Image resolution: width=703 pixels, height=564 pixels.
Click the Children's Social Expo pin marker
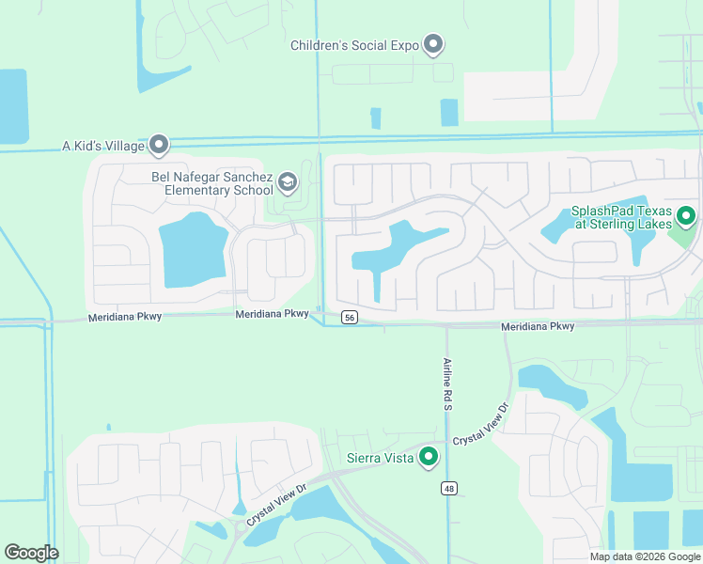pyautogui.click(x=433, y=44)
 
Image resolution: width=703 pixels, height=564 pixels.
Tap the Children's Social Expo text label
pyautogui.click(x=354, y=45)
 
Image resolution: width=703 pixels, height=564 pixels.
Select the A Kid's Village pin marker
pyautogui.click(x=159, y=145)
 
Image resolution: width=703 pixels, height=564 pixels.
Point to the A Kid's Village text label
pyautogui.click(x=103, y=146)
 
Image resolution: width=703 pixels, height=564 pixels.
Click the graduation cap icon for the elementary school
pyautogui.click(x=288, y=181)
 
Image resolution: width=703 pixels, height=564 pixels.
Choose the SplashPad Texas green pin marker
pyautogui.click(x=686, y=217)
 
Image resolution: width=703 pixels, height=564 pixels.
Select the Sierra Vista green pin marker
pyautogui.click(x=430, y=458)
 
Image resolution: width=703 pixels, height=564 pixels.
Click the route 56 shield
pyautogui.click(x=350, y=318)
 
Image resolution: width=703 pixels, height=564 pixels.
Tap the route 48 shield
pyautogui.click(x=448, y=488)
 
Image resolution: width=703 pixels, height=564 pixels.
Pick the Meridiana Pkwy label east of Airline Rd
pyautogui.click(x=538, y=326)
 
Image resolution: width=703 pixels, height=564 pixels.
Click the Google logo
pyautogui.click(x=31, y=552)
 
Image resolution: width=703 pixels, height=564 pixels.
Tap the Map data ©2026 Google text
pyautogui.click(x=645, y=556)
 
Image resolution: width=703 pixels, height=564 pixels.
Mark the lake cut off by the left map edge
pyautogui.click(x=13, y=106)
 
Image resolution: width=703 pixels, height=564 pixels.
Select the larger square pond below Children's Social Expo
pyautogui.click(x=449, y=112)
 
